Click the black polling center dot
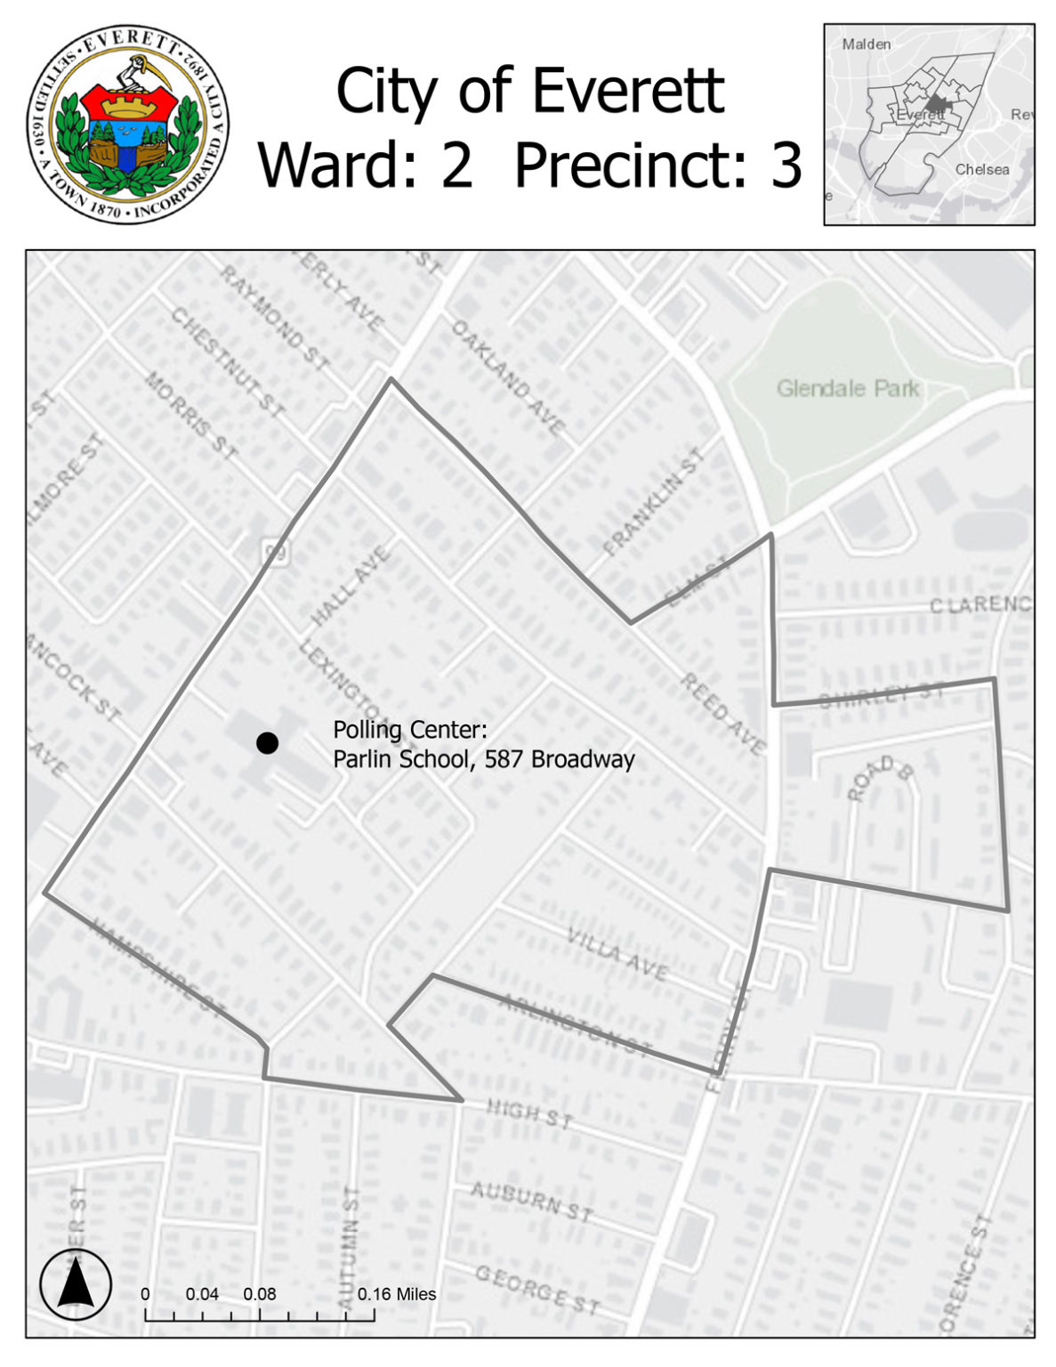[267, 742]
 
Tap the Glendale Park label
[847, 388]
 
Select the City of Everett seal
[128, 124]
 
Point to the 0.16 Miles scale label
[397, 1294]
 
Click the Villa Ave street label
[617, 953]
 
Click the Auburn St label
[531, 1201]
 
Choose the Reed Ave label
[722, 715]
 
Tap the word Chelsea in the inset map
[982, 169]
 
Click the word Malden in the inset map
[866, 44]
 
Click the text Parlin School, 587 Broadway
[483, 759]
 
